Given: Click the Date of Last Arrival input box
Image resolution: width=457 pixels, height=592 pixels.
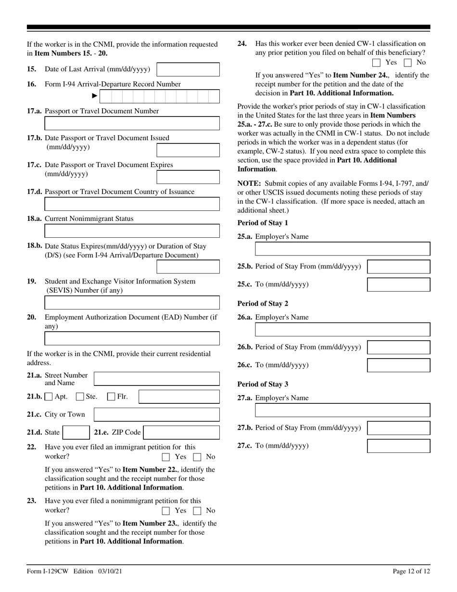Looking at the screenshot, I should pyautogui.click(x=188, y=69).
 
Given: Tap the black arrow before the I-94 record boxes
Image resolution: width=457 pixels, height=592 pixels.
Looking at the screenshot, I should pyautogui.click(x=95, y=96).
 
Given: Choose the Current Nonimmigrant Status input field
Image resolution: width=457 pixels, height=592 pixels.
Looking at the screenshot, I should pyautogui.click(x=132, y=232).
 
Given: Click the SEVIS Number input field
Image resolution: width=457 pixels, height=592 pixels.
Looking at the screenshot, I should pyautogui.click(x=132, y=303).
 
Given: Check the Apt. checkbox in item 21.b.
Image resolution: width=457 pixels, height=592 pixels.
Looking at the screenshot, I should pyautogui.click(x=49, y=397).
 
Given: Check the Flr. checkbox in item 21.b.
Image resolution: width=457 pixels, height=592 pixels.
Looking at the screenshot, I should pyautogui.click(x=111, y=397).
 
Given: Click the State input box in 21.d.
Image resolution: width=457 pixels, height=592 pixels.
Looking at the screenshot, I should pyautogui.click(x=76, y=432).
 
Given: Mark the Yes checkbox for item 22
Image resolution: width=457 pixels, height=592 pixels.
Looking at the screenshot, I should pyautogui.click(x=166, y=457).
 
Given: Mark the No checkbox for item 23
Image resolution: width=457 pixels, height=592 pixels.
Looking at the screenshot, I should pyautogui.click(x=197, y=511).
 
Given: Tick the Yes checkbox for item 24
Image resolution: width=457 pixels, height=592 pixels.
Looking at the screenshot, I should pyautogui.click(x=377, y=62).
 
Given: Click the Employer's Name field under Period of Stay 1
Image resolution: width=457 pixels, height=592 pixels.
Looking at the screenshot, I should pyautogui.click(x=342, y=249).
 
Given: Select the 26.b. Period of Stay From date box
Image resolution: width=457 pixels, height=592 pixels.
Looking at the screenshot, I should pyautogui.click(x=398, y=347).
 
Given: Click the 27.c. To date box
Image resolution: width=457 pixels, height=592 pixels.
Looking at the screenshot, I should pyautogui.click(x=398, y=446).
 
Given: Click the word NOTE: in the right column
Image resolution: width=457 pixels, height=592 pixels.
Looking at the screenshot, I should pyautogui.click(x=249, y=183).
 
